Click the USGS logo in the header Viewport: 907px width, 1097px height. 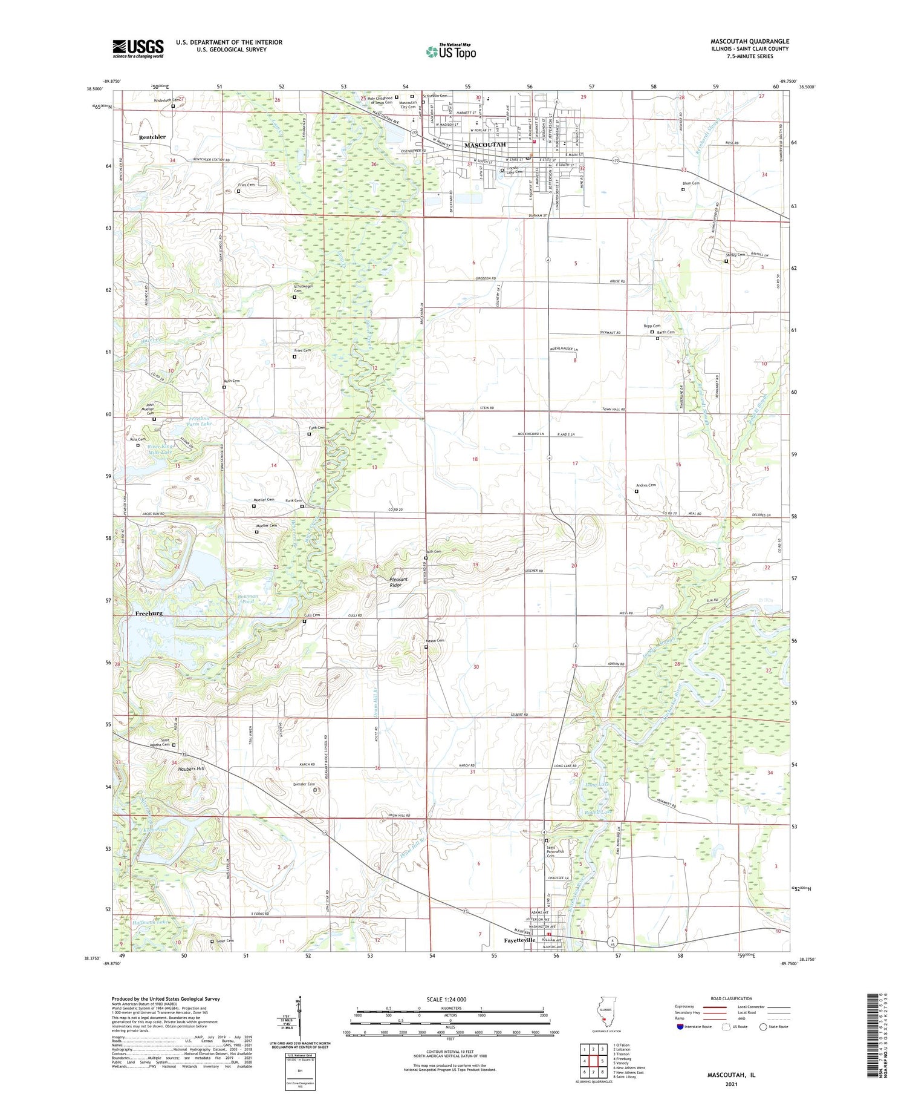coord(138,48)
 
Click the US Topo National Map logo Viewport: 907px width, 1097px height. coord(451,51)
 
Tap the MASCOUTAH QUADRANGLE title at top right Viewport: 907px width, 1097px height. coord(749,42)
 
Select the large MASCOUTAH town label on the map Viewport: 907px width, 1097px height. coord(484,145)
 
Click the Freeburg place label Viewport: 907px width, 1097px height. coord(149,614)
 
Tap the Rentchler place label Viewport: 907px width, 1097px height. coord(152,137)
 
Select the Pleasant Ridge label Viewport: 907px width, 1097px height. coord(398,582)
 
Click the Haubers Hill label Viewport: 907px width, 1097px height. coord(188,768)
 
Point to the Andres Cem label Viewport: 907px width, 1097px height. coord(646,485)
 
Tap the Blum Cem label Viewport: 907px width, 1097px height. coord(691,183)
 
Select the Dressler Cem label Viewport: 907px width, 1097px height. coord(304,785)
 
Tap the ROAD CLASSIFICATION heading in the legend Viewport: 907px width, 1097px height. coord(732,998)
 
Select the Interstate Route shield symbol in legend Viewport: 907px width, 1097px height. coord(680,1027)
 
